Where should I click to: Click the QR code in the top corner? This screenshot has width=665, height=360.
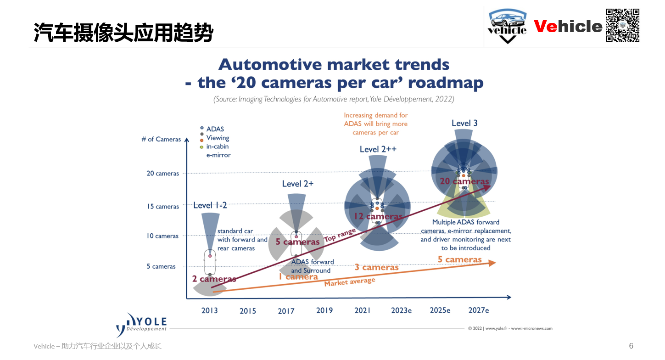click(x=623, y=25)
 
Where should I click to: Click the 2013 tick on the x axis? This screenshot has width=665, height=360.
click(x=210, y=310)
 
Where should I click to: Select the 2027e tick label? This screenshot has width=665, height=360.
click(x=479, y=310)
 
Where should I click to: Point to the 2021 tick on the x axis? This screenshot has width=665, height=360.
click(x=363, y=310)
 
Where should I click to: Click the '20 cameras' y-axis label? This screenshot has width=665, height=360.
click(x=163, y=174)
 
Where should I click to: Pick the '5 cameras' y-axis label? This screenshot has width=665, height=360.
click(x=161, y=266)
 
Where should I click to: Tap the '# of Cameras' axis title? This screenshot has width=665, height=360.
click(x=161, y=139)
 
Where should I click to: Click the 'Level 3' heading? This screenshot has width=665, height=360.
click(x=464, y=123)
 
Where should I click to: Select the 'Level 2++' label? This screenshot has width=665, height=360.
click(x=378, y=149)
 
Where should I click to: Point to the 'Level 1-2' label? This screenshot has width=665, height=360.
click(x=210, y=205)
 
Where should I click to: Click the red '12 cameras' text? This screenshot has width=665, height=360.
click(x=378, y=216)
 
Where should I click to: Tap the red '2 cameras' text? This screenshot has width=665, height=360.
click(x=214, y=279)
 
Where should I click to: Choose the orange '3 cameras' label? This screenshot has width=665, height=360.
click(x=377, y=267)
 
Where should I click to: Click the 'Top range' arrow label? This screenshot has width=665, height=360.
click(x=340, y=236)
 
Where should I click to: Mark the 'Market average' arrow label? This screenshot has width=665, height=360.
click(x=350, y=282)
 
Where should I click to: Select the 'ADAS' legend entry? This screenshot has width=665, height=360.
click(x=215, y=129)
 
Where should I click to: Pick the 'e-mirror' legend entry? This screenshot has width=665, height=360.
click(x=218, y=155)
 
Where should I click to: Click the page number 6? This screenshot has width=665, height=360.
click(x=631, y=346)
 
